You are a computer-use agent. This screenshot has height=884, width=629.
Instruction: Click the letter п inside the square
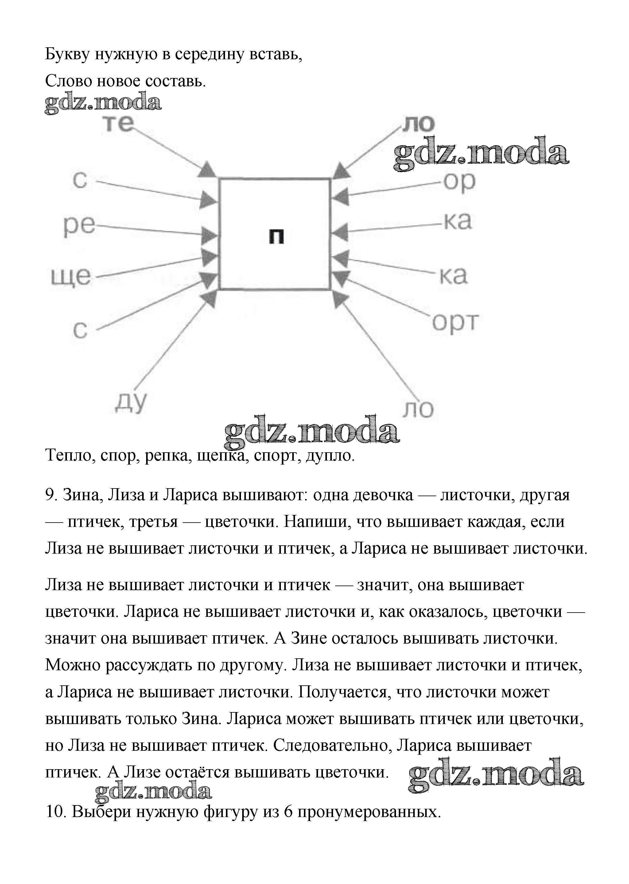click(276, 236)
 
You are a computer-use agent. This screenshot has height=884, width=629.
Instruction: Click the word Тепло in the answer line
click(70, 455)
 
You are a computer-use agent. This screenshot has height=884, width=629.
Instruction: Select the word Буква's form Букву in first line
click(68, 55)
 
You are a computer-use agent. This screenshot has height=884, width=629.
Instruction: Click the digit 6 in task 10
click(288, 812)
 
